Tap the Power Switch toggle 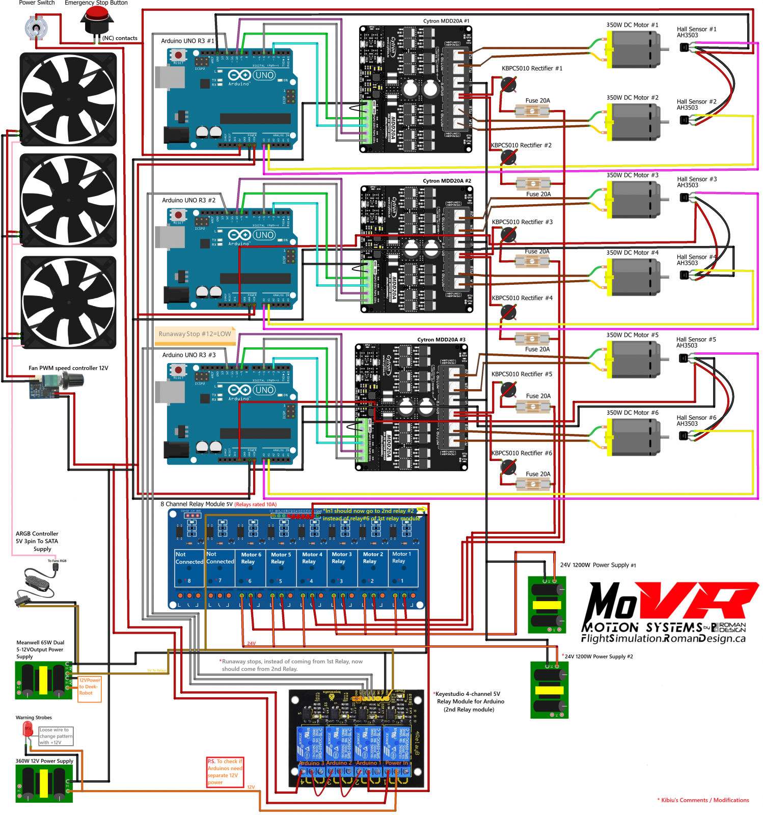tap(36, 26)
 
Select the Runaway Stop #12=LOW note tap(195, 334)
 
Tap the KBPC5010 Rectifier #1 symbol tap(508, 84)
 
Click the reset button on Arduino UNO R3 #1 tap(178, 55)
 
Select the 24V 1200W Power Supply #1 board tap(547, 605)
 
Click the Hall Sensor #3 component tap(684, 198)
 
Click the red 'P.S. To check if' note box tap(225, 772)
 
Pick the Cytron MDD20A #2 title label tap(447, 181)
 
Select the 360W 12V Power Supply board tap(44, 783)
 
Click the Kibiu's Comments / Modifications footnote tap(703, 800)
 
